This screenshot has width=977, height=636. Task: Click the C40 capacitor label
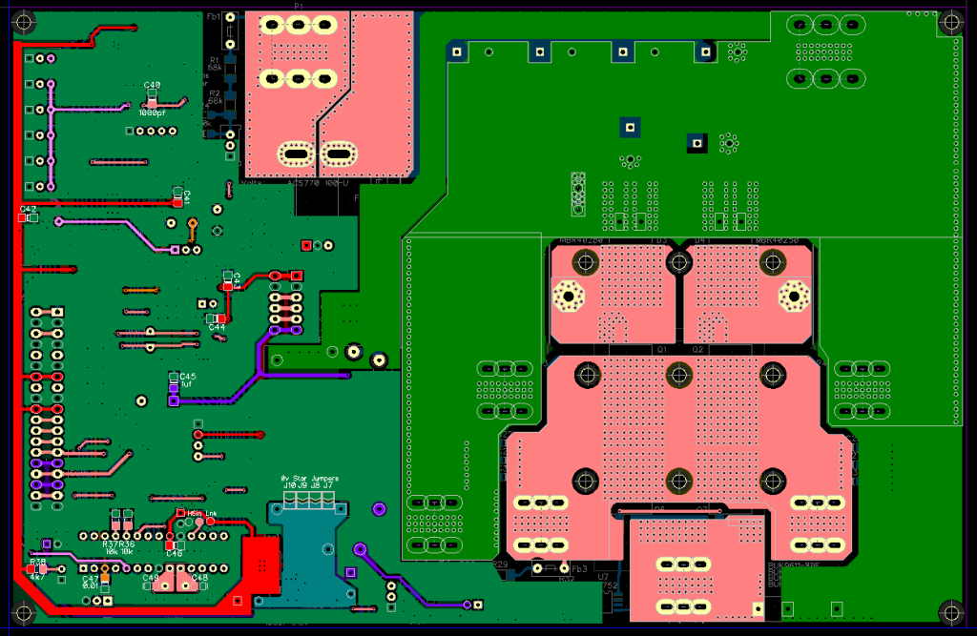coord(153,86)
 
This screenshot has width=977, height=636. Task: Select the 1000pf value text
coord(152,113)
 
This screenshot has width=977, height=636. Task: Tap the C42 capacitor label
coord(29,209)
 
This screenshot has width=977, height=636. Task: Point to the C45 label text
coord(188,377)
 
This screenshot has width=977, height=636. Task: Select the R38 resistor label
coord(38,563)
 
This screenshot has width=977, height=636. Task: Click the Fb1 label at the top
coord(214,17)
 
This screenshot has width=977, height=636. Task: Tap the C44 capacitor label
coord(218,327)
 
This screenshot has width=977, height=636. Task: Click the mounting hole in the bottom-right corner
coord(950,610)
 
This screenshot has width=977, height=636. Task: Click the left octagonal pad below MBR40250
coord(569,297)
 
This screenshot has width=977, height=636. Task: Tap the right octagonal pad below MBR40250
coord(792,297)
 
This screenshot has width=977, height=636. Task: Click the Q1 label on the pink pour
coord(659,350)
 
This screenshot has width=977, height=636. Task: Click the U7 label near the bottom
coord(603,577)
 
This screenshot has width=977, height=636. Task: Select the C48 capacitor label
coord(200,578)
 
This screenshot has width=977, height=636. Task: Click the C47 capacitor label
coord(90,578)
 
